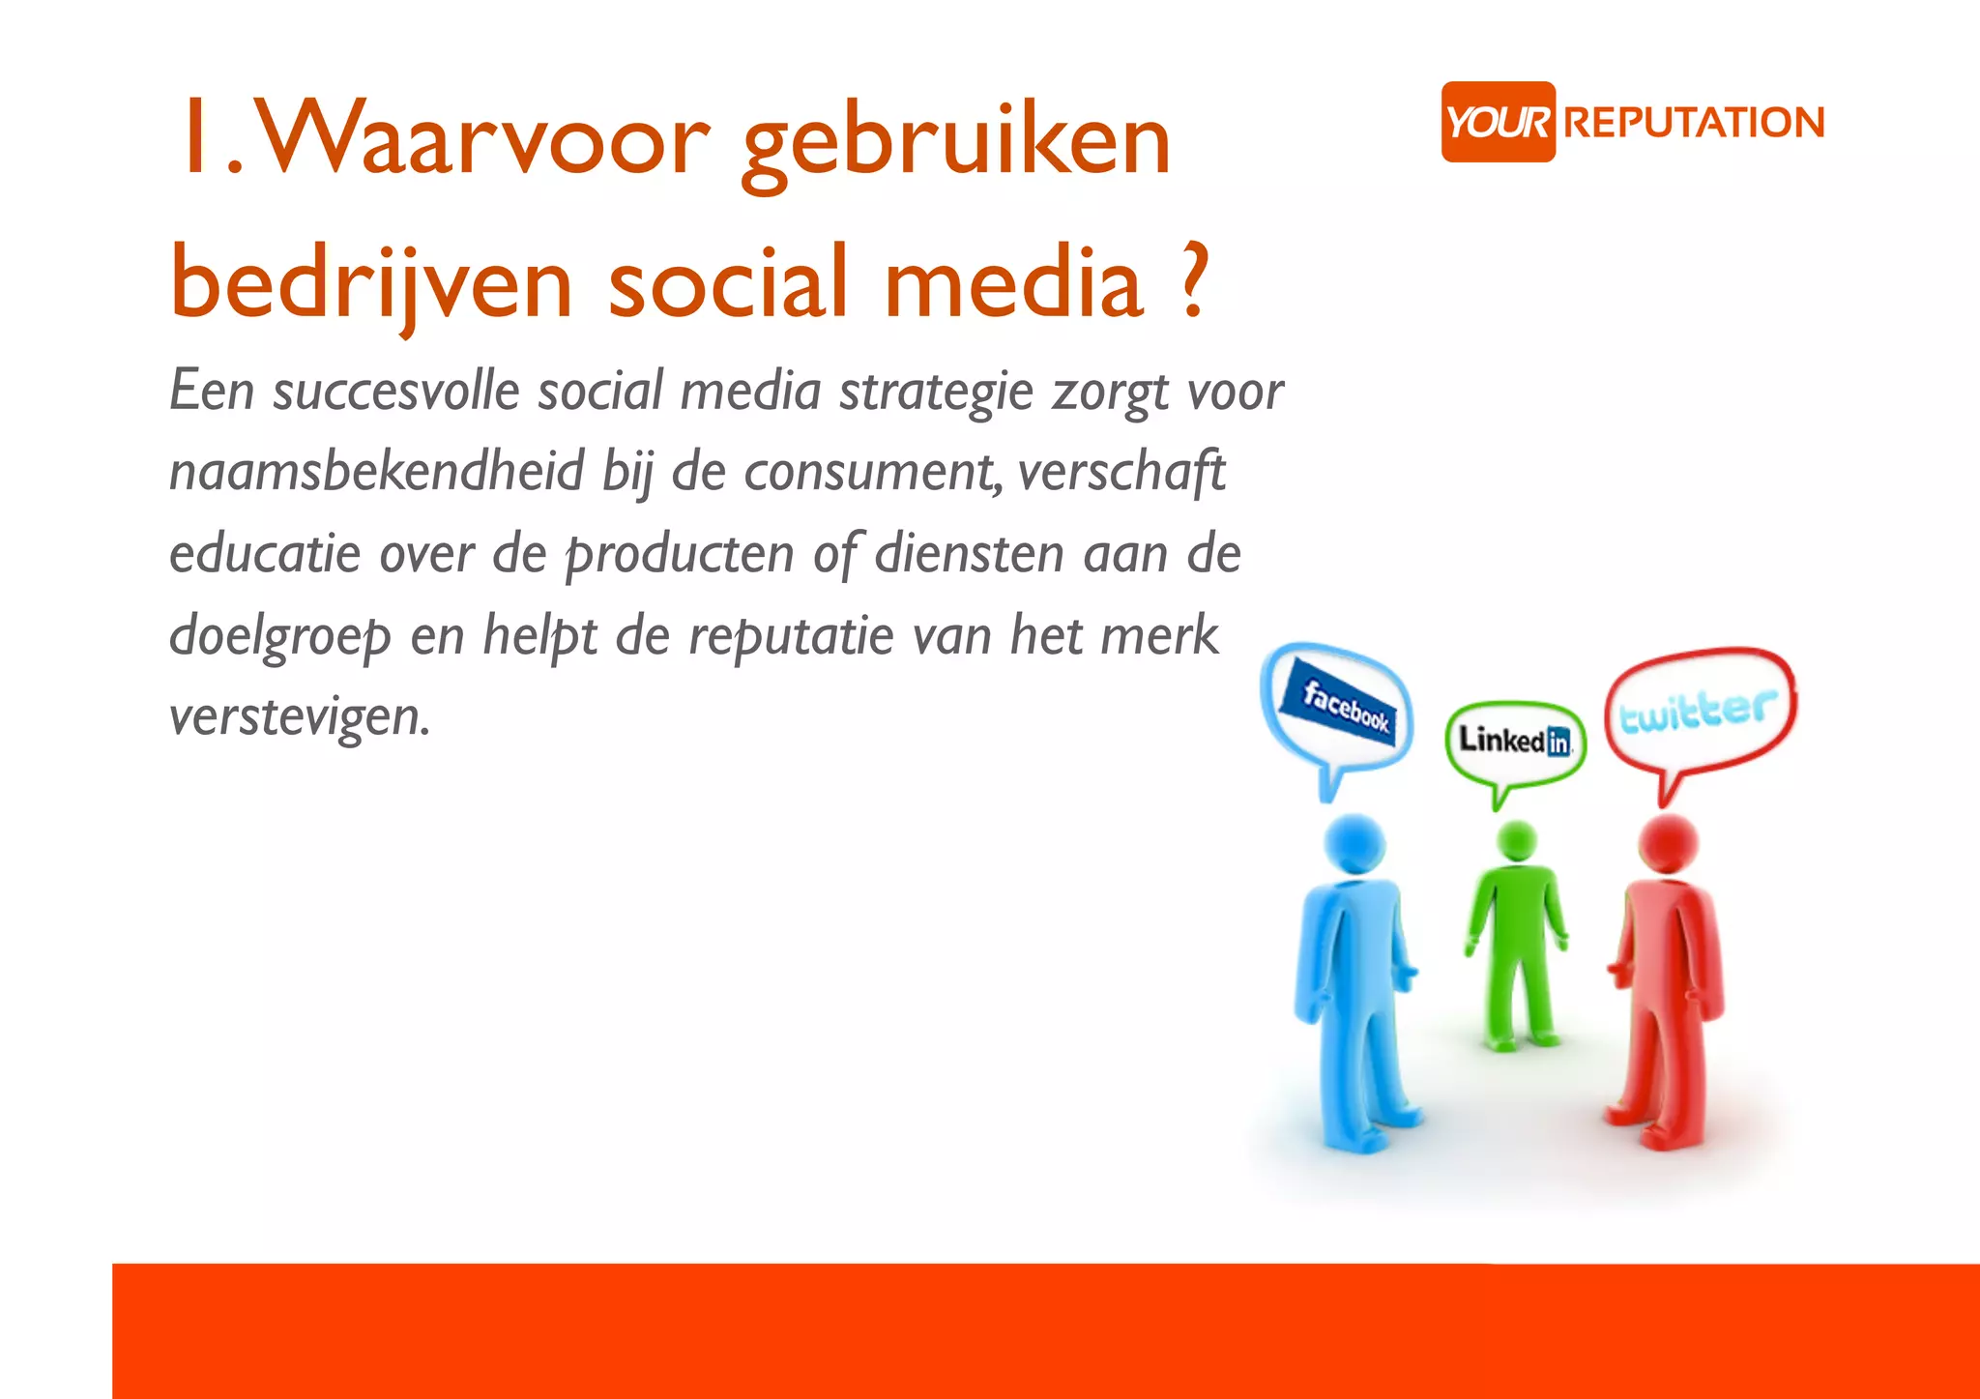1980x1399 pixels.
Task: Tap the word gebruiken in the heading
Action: coord(956,145)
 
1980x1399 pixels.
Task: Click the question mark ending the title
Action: coord(1195,283)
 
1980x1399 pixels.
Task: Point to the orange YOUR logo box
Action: coord(1498,122)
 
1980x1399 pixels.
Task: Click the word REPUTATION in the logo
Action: coord(1694,123)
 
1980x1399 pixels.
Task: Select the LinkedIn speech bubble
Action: coord(1515,742)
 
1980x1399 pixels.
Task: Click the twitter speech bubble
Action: coord(1700,712)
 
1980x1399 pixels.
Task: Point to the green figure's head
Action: coord(1516,840)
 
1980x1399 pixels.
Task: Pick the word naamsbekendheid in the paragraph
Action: coord(377,472)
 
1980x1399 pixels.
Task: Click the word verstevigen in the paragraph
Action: coord(300,717)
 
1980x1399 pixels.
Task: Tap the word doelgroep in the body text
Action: coord(280,636)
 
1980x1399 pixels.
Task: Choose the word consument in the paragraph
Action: coord(872,473)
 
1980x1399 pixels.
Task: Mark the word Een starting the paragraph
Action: coord(212,391)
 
